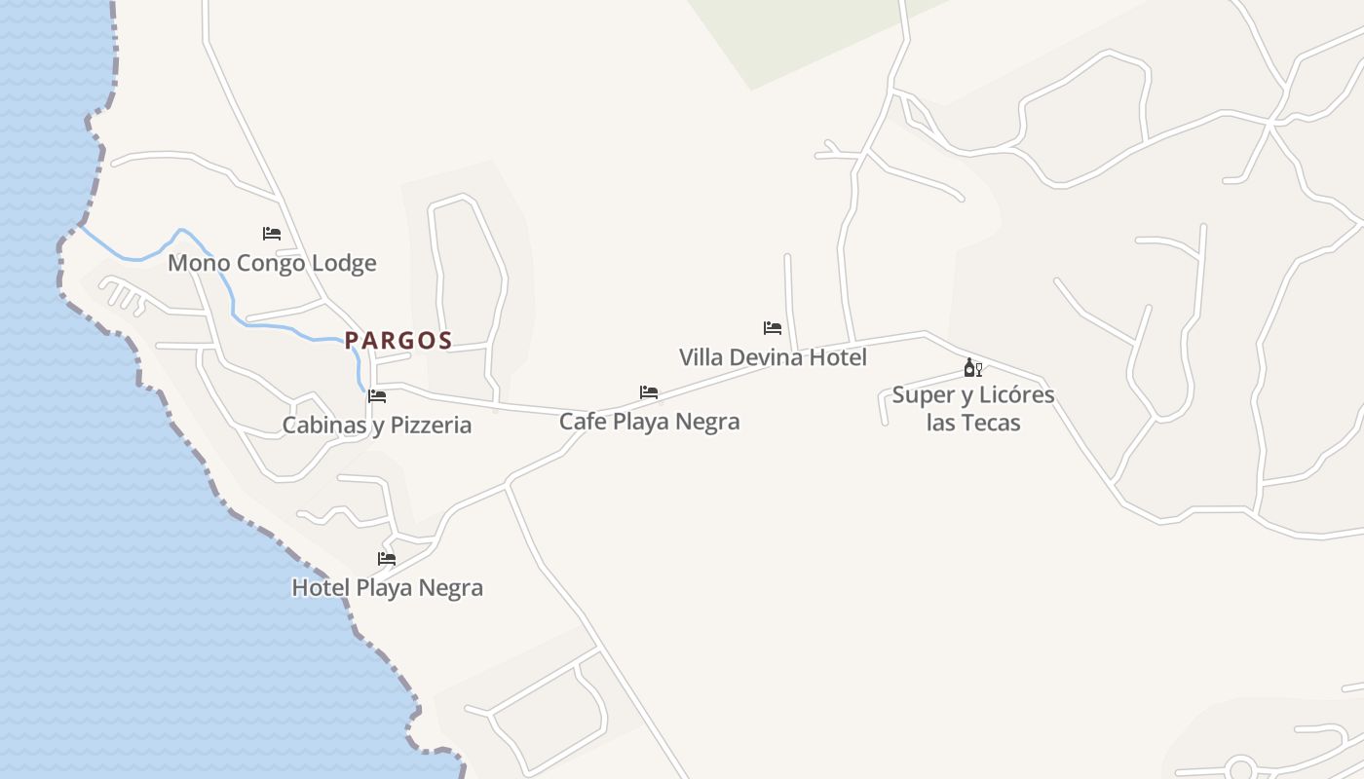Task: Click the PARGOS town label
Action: [x=398, y=341]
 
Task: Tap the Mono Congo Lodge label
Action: [x=272, y=263]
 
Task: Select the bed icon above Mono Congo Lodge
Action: [x=272, y=234]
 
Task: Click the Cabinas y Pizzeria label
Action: [x=377, y=426]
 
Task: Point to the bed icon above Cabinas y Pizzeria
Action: [x=377, y=396]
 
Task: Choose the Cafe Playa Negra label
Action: [x=649, y=422]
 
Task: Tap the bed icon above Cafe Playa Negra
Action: [x=649, y=392]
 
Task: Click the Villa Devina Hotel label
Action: [x=773, y=357]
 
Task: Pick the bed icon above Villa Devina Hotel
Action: [x=773, y=328]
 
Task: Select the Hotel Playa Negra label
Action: [x=387, y=588]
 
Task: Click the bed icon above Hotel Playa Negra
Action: [x=387, y=559]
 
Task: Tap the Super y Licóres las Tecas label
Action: [x=973, y=409]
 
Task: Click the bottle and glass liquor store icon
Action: [x=972, y=368]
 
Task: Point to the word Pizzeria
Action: [x=432, y=426]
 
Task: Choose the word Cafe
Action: [x=581, y=422]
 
